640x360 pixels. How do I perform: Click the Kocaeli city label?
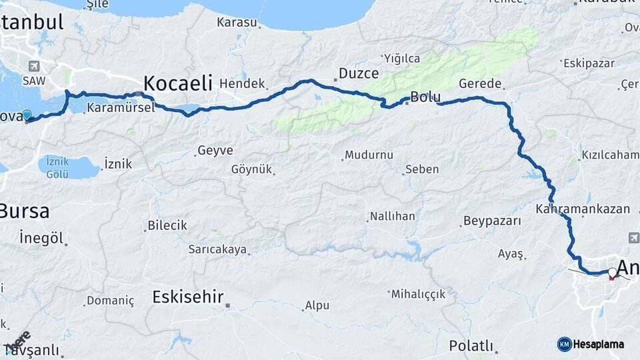click(x=177, y=83)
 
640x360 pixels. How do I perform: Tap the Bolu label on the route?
click(x=425, y=97)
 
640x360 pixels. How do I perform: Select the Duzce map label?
click(x=359, y=73)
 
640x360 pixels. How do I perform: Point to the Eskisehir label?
click(x=187, y=296)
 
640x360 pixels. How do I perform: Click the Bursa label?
click(x=24, y=211)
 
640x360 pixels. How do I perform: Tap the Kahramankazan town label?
click(x=582, y=209)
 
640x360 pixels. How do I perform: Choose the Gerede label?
click(x=480, y=84)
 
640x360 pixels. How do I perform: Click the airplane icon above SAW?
click(x=33, y=67)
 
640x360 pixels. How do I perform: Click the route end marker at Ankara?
click(x=612, y=272)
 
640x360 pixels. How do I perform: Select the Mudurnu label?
click(x=369, y=155)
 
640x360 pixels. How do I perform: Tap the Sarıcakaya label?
click(x=217, y=250)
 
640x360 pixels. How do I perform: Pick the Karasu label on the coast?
click(x=237, y=23)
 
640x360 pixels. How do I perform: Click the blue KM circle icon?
click(x=564, y=344)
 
